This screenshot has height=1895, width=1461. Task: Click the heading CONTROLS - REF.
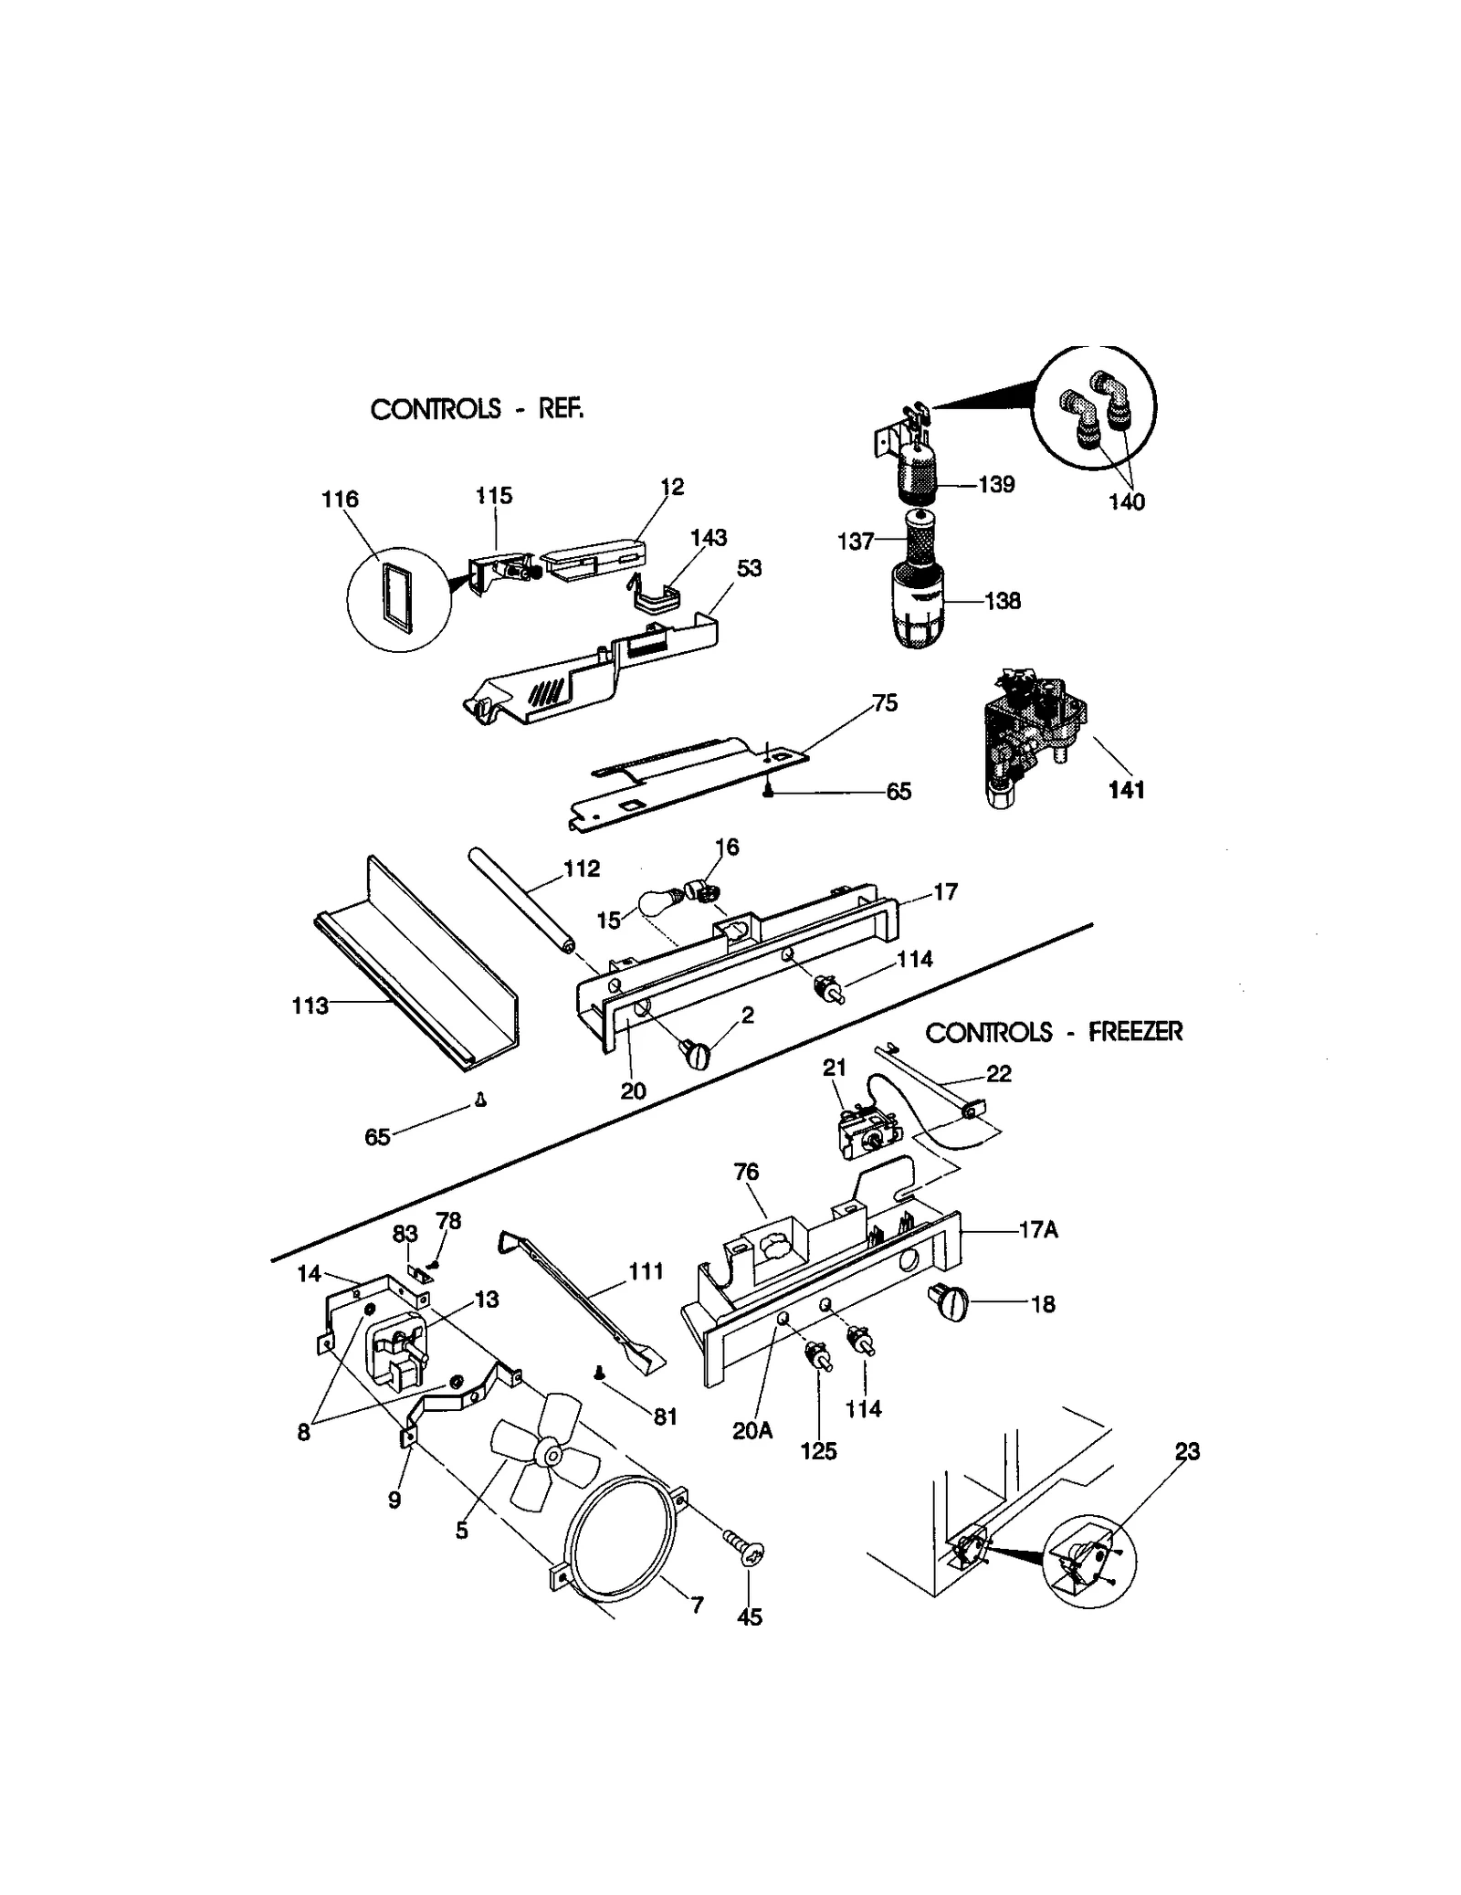[x=477, y=408]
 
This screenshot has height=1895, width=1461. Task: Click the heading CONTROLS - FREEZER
[x=1054, y=1032]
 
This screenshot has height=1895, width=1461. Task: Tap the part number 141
[x=1126, y=790]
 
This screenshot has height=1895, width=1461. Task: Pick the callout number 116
[x=340, y=499]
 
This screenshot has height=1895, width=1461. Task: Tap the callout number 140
[x=1126, y=501]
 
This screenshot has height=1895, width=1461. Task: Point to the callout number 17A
[x=1038, y=1230]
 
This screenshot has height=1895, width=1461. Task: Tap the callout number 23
[x=1187, y=1450]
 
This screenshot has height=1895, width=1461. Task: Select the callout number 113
[x=310, y=1005]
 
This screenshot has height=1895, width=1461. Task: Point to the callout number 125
[x=818, y=1450]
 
